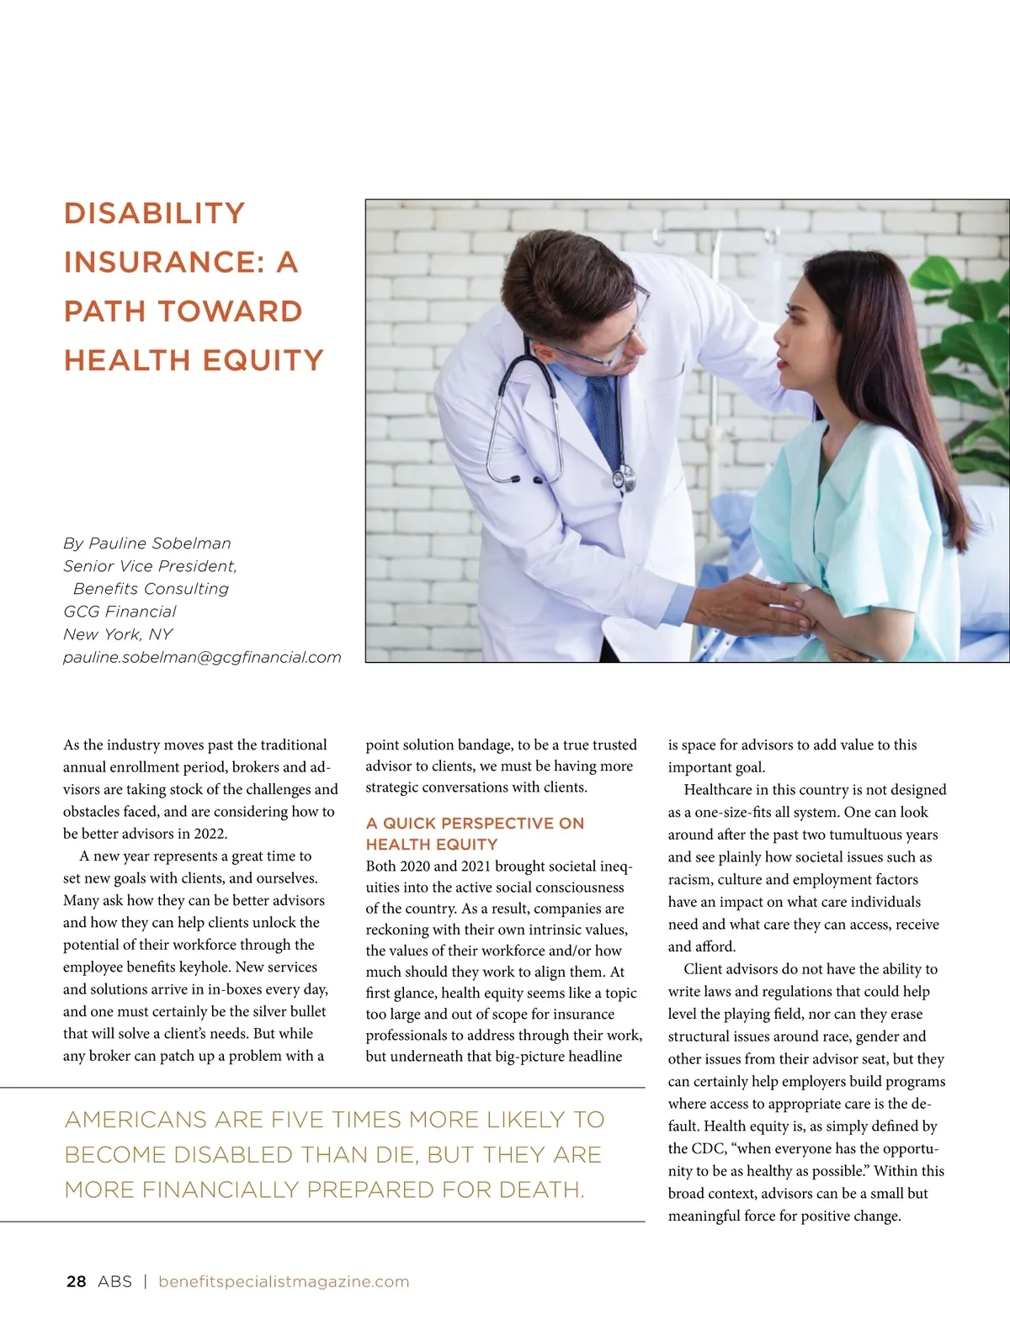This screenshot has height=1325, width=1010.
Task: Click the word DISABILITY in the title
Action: coord(154,214)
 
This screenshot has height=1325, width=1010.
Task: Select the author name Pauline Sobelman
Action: coord(160,543)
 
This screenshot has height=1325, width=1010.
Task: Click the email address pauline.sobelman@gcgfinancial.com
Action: coord(202,657)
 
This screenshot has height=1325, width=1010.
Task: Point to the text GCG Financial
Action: coord(120,612)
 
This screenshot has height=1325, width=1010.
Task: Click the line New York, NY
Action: coord(118,634)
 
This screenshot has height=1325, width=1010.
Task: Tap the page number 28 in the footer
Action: coord(76,1281)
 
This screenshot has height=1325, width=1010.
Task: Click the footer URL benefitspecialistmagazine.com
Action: coord(284,1281)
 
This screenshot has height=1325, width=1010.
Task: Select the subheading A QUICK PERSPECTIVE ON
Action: coord(475,823)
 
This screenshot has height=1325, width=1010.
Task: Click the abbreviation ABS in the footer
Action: coord(114,1281)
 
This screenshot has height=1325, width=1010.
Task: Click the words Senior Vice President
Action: coord(150,566)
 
